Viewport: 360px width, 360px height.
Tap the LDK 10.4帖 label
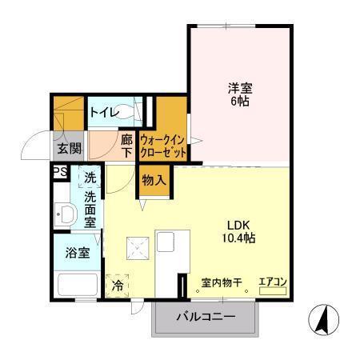click(240, 231)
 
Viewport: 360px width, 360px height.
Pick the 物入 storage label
click(154, 180)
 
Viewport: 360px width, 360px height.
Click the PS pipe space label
click(59, 172)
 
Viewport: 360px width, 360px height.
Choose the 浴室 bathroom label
click(78, 251)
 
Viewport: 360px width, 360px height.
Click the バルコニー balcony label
click(206, 317)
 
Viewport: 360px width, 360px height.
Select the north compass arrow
click(321, 322)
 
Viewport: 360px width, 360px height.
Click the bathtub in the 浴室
click(78, 285)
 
